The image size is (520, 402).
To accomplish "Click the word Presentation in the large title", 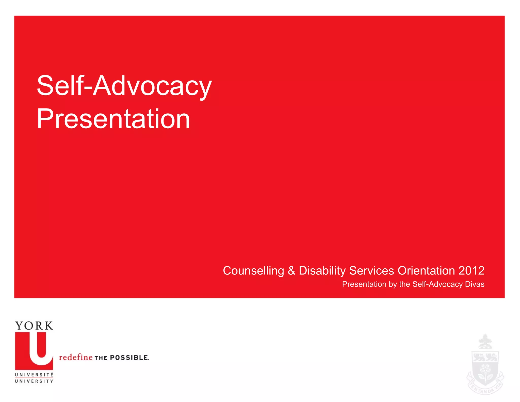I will point(113,119).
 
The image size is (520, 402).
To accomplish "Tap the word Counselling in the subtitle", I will point(253,271).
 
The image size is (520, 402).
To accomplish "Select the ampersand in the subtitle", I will point(291,271).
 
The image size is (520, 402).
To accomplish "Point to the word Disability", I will point(322,271).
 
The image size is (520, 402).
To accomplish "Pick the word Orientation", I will point(426,271).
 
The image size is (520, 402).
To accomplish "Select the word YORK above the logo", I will point(34,326).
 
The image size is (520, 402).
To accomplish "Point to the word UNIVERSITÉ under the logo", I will point(34,375).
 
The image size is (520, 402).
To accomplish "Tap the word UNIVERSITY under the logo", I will point(34,381).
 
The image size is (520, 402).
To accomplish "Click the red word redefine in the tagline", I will point(76,357).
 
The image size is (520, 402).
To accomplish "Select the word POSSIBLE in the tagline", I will point(129,358).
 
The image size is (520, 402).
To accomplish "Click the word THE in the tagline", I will point(101,358).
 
